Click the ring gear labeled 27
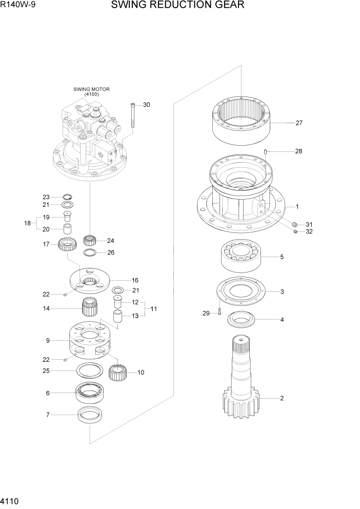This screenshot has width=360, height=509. pos(241,122)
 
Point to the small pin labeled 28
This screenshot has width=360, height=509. pos(266,151)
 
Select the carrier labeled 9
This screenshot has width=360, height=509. pos(90,340)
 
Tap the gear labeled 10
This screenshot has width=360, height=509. pos(118,372)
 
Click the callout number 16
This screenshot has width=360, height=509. pos(135,281)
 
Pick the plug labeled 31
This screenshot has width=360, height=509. pos(295,225)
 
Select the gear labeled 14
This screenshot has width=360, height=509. pos(90,308)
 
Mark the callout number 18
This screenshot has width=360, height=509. pos(28,223)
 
